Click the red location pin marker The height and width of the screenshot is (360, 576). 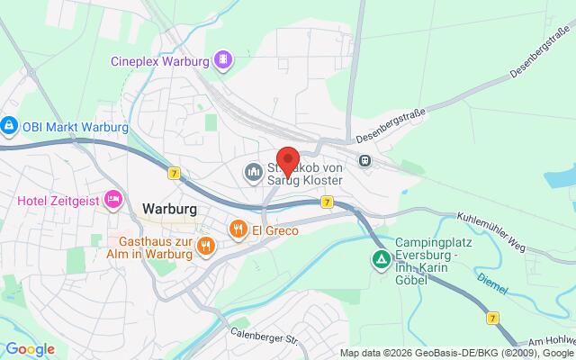(x=288, y=159)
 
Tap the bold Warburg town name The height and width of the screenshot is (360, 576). (x=170, y=208)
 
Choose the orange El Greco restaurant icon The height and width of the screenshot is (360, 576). (x=238, y=229)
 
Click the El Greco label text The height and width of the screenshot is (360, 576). (x=274, y=229)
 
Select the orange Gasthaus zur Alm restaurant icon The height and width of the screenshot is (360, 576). (x=205, y=244)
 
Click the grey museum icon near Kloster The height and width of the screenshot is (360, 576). (x=252, y=170)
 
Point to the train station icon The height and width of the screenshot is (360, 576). (x=365, y=161)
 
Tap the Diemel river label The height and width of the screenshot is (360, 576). (x=492, y=283)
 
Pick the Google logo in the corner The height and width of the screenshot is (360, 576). (x=29, y=349)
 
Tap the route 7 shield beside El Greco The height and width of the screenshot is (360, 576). (x=327, y=202)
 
